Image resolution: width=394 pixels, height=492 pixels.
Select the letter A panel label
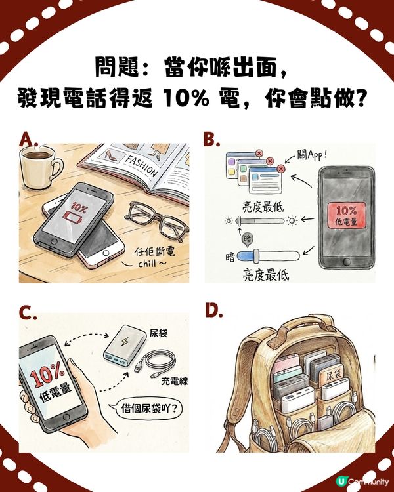(28, 138)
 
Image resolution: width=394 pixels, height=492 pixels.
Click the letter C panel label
(28, 313)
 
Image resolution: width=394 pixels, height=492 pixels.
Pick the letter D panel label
(213, 310)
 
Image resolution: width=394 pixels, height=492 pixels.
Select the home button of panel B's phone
(346, 268)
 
